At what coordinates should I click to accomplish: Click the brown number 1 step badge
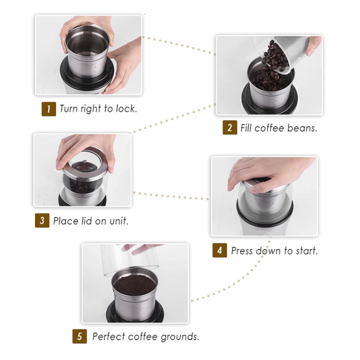(x=48, y=109)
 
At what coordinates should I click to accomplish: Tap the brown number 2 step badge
(x=230, y=127)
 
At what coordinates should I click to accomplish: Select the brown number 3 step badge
(x=42, y=220)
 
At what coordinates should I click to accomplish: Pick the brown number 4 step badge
(x=219, y=250)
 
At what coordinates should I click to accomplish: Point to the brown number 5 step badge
(x=79, y=336)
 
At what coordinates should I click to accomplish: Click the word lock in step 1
(x=126, y=108)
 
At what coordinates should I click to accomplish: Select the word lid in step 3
(x=86, y=221)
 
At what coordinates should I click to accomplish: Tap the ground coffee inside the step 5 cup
(x=134, y=285)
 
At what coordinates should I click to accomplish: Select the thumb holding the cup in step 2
(x=313, y=45)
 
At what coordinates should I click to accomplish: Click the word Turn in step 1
(x=69, y=108)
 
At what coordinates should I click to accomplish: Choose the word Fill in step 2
(x=246, y=128)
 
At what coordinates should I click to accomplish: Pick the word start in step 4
(x=306, y=251)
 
